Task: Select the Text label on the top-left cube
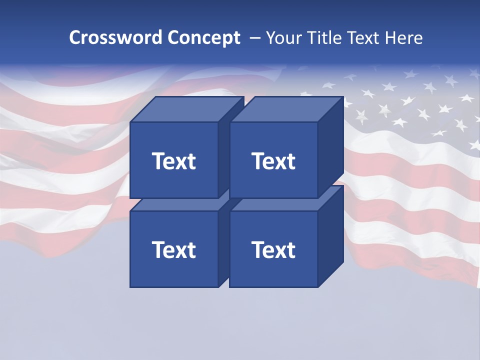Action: coord(173,161)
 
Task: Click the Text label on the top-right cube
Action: coord(273,161)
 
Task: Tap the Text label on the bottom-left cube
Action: coord(173,249)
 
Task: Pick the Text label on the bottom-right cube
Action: coord(273,249)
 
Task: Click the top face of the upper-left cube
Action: coord(186,109)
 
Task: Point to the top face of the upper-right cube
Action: coord(286,109)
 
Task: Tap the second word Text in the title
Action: coord(366,38)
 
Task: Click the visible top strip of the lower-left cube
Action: coord(175,204)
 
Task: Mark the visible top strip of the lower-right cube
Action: coord(275,204)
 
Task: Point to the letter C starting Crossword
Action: coord(75,38)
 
